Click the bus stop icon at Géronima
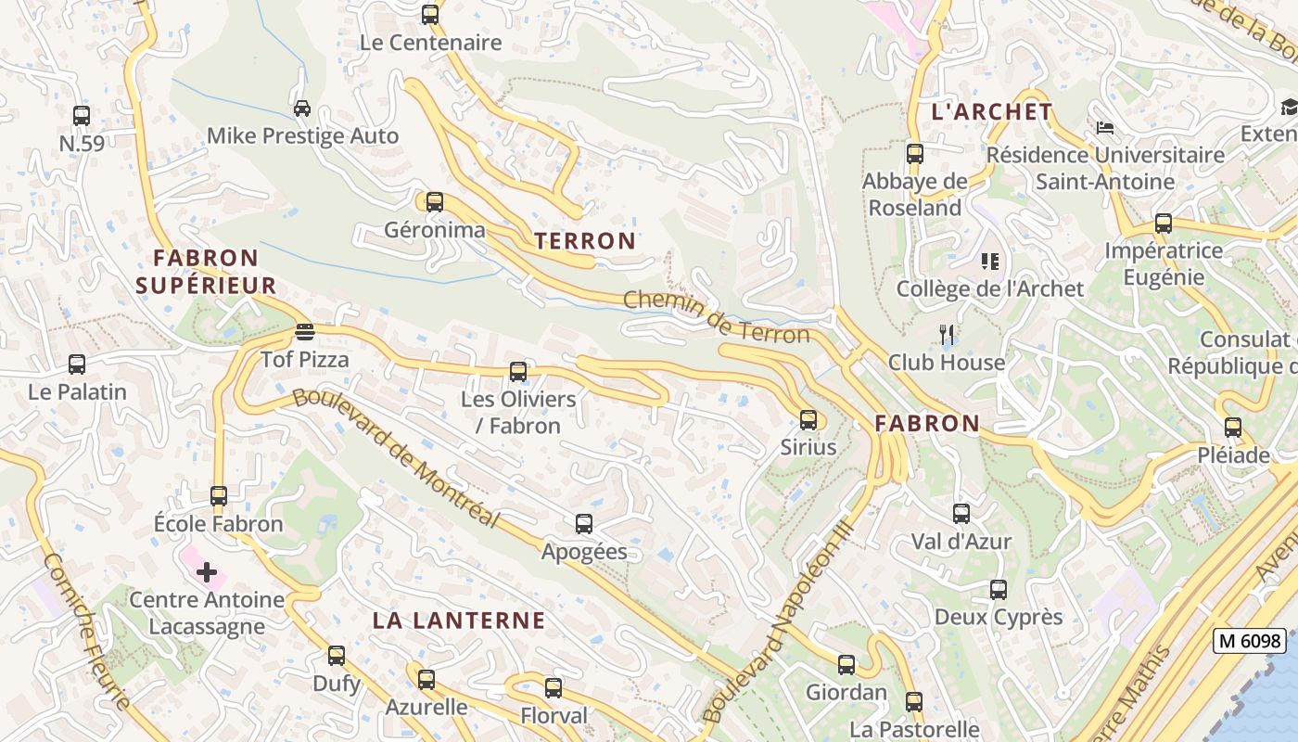[x=434, y=201]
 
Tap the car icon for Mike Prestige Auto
[x=301, y=109]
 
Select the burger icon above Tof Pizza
[x=304, y=331]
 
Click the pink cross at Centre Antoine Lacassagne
[x=206, y=571]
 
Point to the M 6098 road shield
[x=1251, y=640]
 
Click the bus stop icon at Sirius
[x=808, y=419]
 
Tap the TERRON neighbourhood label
[x=585, y=241]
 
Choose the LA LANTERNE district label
[x=459, y=620]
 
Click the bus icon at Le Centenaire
[x=429, y=15]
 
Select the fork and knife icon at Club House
[x=946, y=334]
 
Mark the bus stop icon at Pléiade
[x=1232, y=428]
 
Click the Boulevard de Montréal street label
[x=396, y=458]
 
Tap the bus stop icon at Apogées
[x=583, y=524]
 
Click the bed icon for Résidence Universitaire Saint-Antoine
[x=1104, y=127]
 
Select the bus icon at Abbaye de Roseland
[x=914, y=154]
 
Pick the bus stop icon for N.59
[x=82, y=116]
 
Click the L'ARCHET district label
[x=991, y=112]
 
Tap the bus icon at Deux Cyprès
[x=998, y=589]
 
